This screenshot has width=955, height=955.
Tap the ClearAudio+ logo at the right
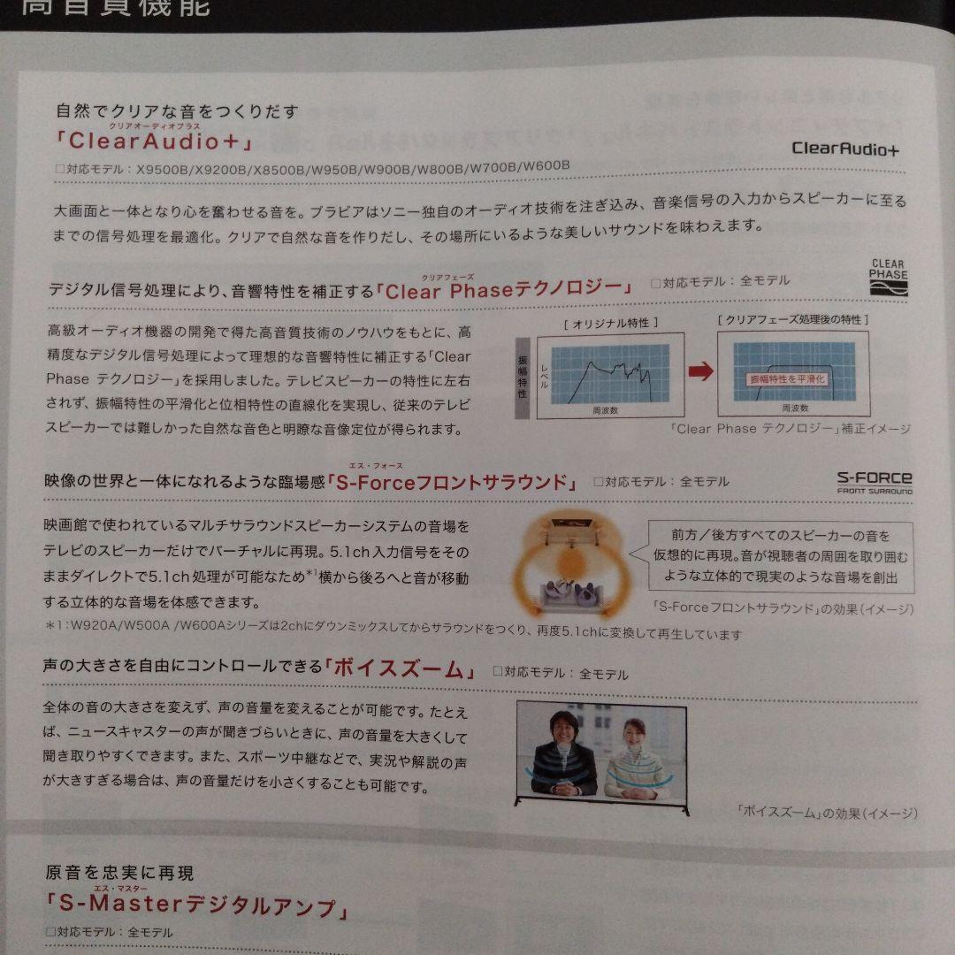[x=844, y=148]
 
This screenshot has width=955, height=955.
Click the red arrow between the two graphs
[x=699, y=371]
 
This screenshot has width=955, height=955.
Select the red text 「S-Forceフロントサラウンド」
[x=452, y=482]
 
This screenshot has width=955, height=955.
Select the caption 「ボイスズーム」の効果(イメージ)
[x=826, y=813]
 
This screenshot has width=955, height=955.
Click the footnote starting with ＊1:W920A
[x=393, y=634]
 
